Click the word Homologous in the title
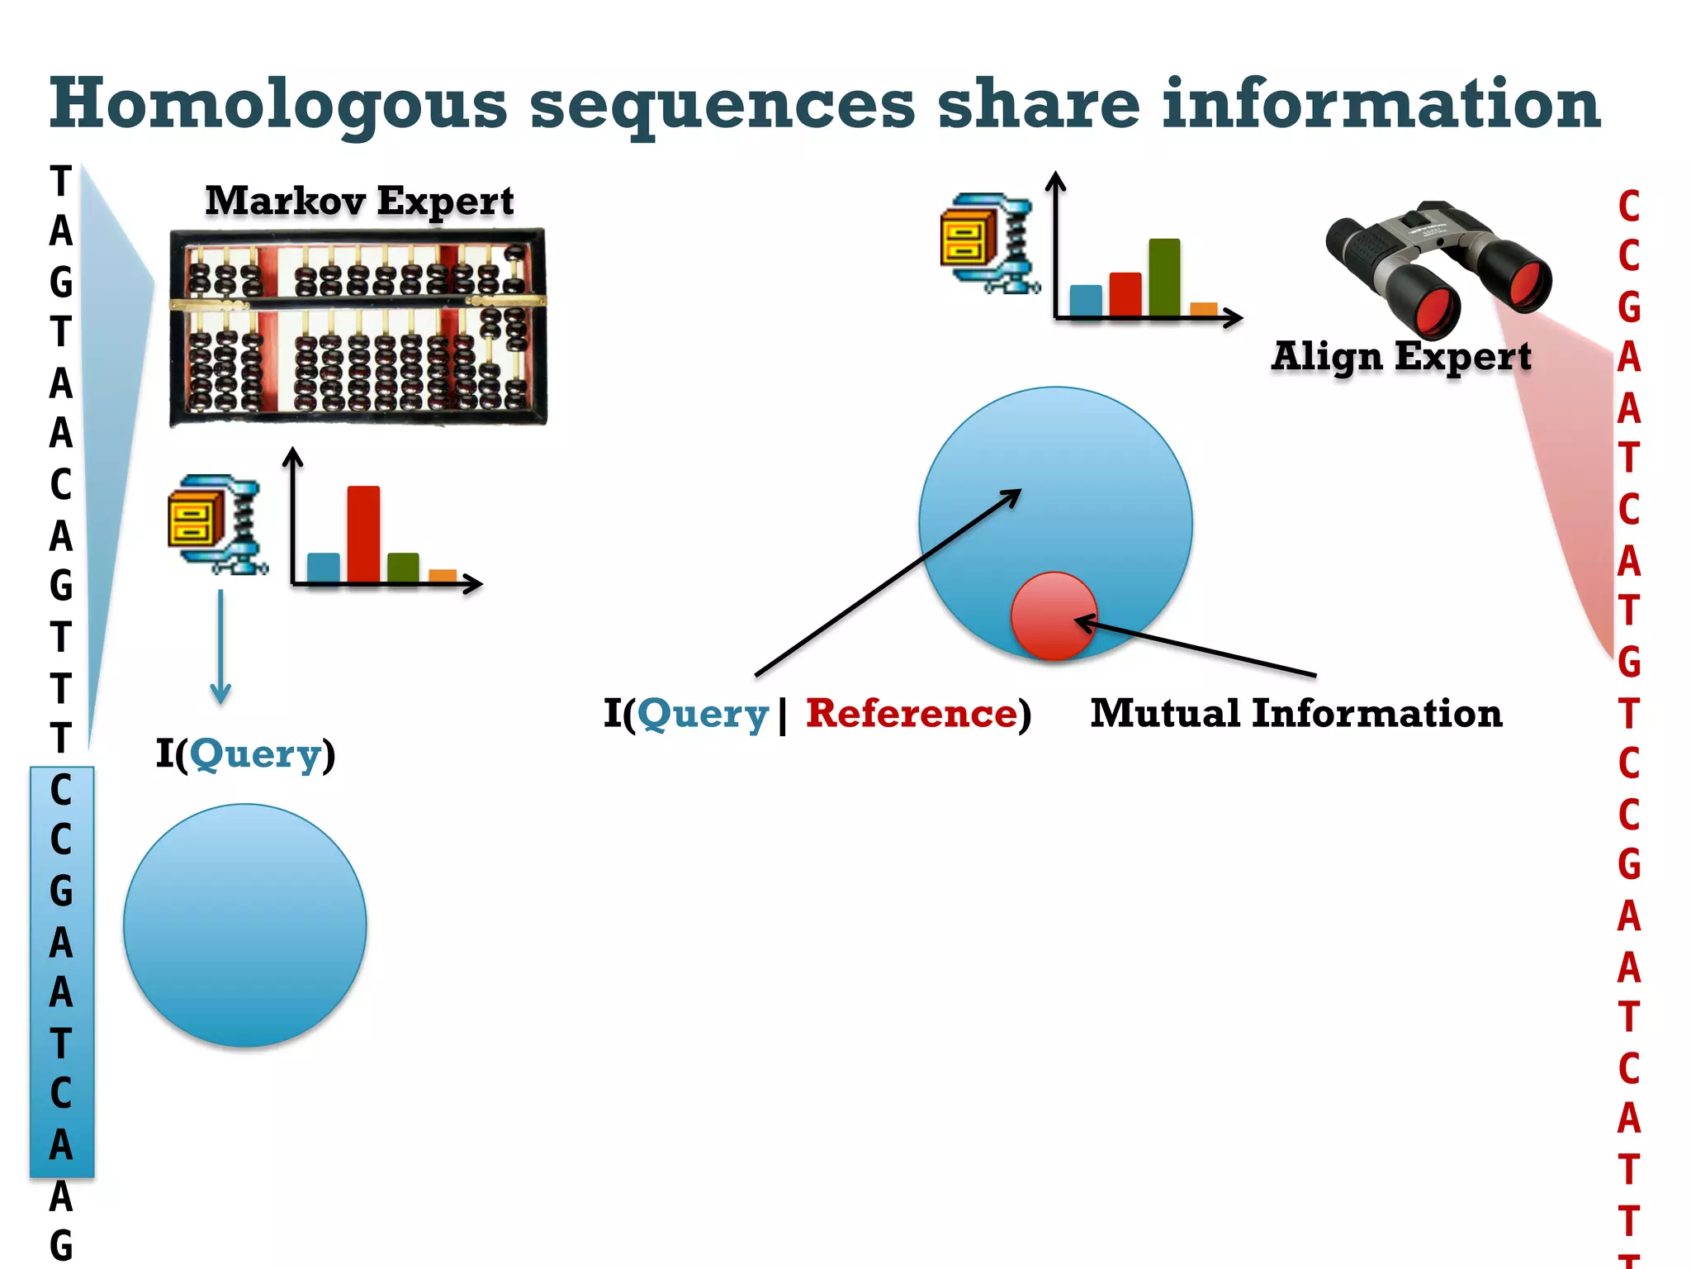[278, 106]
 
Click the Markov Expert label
[359, 201]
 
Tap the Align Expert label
[1401, 357]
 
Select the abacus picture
[358, 328]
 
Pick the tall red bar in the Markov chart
[363, 533]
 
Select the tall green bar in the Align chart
[1164, 277]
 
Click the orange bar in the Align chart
[1204, 309]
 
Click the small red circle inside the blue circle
[1054, 615]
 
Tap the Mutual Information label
[1295, 714]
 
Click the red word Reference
[912, 714]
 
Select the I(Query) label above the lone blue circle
[246, 754]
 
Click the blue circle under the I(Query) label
[245, 925]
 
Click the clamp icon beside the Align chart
[988, 243]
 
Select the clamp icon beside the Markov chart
[216, 524]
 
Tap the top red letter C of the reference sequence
[1628, 207]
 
